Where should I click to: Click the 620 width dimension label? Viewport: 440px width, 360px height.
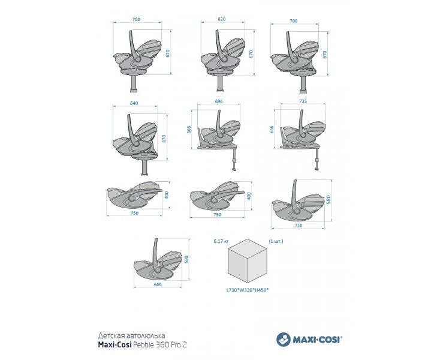point(221,19)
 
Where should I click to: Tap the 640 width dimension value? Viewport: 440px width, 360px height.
point(134,103)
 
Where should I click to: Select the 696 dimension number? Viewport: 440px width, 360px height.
point(218,101)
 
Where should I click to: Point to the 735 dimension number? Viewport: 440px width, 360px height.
point(303,101)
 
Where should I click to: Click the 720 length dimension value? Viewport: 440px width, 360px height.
point(299,226)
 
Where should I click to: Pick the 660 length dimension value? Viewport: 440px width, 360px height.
point(158,284)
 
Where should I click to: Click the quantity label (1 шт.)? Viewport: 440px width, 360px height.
point(276,241)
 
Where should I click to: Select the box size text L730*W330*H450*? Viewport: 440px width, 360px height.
point(247,290)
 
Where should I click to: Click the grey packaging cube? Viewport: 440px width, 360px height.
point(247,261)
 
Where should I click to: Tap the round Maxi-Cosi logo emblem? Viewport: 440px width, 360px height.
point(284,339)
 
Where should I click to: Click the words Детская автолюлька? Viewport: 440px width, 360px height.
point(131,335)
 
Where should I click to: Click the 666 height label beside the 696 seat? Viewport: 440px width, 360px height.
point(189,130)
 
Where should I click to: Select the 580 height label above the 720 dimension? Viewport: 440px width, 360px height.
point(329,199)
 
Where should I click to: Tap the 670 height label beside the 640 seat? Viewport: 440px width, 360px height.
point(164,139)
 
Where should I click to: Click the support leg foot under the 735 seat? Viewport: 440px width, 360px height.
point(317,168)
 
